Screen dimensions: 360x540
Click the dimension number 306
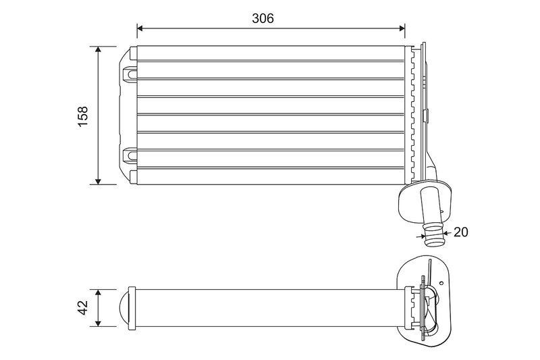click(x=263, y=18)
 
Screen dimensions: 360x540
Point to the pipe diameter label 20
click(x=460, y=232)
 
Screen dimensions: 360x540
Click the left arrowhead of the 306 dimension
click(x=140, y=28)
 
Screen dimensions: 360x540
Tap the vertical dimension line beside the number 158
click(x=99, y=115)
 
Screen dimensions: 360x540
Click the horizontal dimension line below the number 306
click(x=270, y=28)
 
